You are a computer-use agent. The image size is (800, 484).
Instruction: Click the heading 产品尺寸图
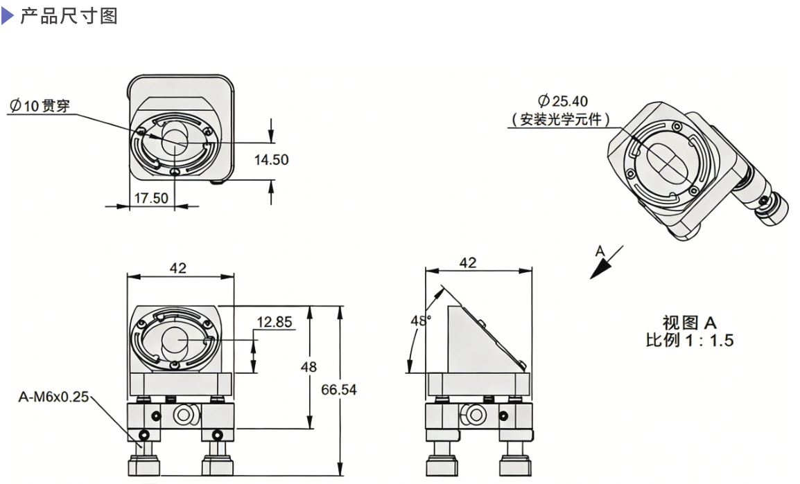(69, 15)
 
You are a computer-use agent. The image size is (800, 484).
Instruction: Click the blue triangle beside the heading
(7, 15)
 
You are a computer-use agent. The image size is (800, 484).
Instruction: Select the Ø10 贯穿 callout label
(40, 106)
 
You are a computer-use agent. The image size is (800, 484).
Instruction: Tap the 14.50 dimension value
(271, 160)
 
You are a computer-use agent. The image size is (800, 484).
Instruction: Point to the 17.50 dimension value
(150, 198)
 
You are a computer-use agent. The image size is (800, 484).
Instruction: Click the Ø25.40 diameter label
(562, 102)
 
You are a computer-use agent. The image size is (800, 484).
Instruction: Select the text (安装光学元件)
(562, 119)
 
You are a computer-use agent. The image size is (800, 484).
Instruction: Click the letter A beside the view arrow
(600, 251)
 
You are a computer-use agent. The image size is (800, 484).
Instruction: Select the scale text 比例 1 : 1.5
(689, 340)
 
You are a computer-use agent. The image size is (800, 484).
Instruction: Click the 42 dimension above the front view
(178, 268)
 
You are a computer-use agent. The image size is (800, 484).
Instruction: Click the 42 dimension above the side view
(469, 263)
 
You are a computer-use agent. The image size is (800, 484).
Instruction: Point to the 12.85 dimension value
(275, 322)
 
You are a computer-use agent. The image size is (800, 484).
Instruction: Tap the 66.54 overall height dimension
(339, 390)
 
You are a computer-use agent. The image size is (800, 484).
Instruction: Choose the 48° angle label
(419, 321)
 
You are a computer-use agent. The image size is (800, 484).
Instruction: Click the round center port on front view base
(182, 415)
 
